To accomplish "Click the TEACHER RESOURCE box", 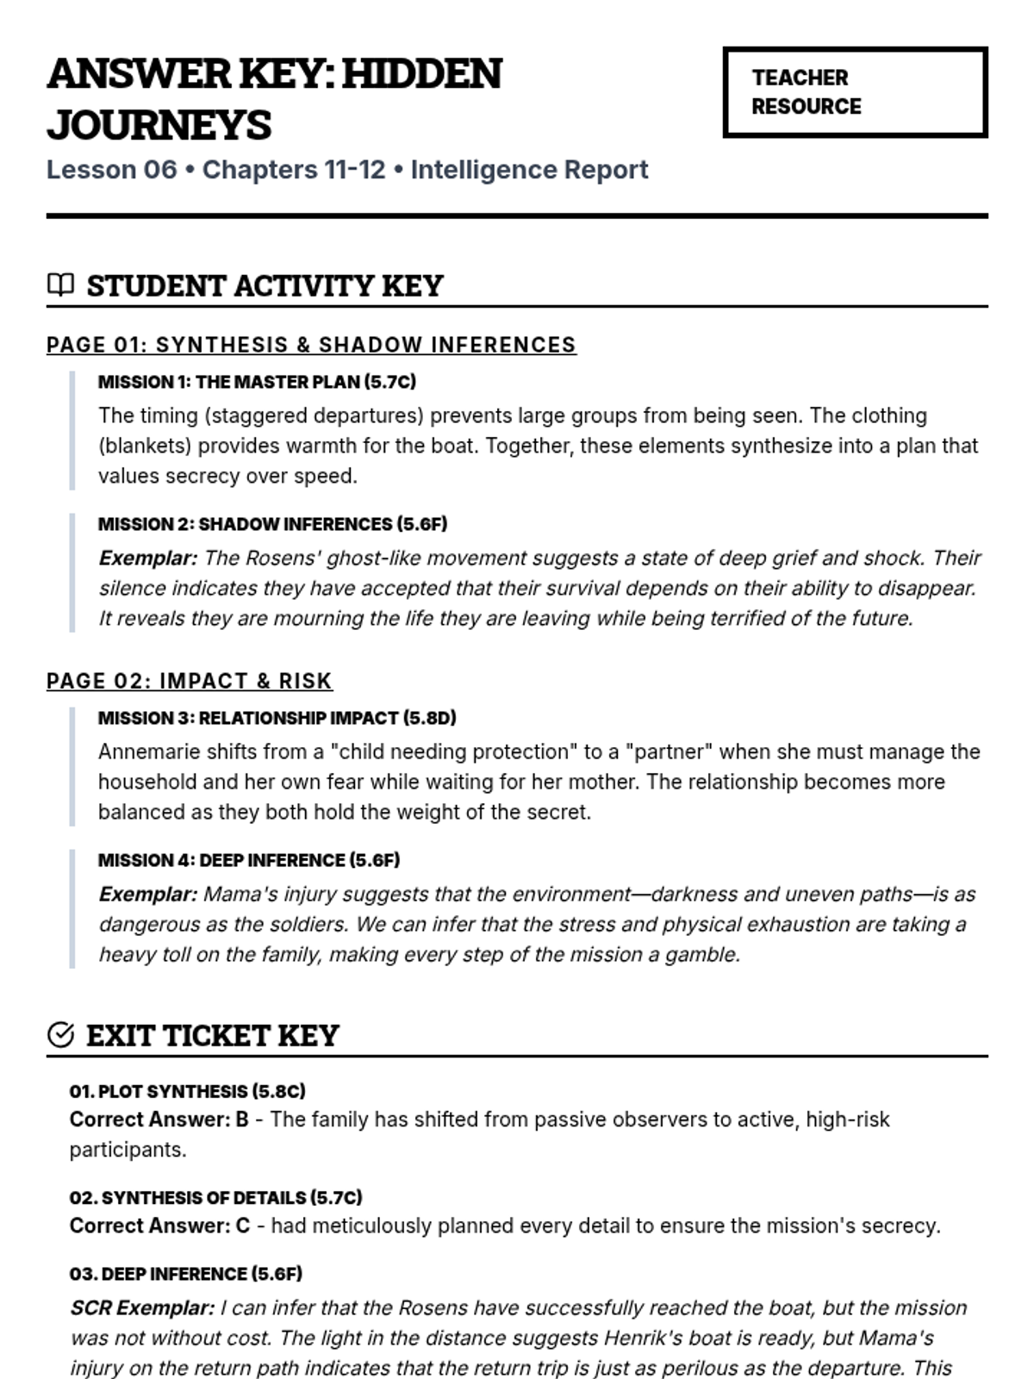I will [x=855, y=92].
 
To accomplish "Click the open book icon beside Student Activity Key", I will [x=60, y=284].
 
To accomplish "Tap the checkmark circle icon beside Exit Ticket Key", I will [x=60, y=1034].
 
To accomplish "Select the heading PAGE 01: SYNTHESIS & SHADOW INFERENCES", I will [x=311, y=345].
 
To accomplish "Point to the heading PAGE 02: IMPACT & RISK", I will [x=190, y=681].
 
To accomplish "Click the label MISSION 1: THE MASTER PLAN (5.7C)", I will [x=257, y=382].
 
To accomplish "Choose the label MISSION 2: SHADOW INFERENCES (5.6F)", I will [x=272, y=524].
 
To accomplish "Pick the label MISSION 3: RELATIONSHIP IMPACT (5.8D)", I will [x=277, y=718].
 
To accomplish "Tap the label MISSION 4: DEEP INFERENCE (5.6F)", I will [x=249, y=860].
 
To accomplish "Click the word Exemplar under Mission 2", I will [x=147, y=558].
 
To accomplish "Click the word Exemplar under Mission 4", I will [x=147, y=895].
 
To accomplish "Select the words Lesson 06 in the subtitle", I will [x=111, y=170].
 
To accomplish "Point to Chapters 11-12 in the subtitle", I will [x=294, y=170].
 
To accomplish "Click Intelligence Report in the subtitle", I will [x=529, y=170].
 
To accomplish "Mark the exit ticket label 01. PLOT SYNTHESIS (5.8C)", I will [x=187, y=1091].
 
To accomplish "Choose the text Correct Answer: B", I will [x=159, y=1120].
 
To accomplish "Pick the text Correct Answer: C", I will [x=159, y=1226].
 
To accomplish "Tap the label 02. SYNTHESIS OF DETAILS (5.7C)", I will [x=215, y=1198].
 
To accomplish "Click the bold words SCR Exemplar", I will [x=142, y=1308].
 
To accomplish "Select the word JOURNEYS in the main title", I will [x=159, y=125].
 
